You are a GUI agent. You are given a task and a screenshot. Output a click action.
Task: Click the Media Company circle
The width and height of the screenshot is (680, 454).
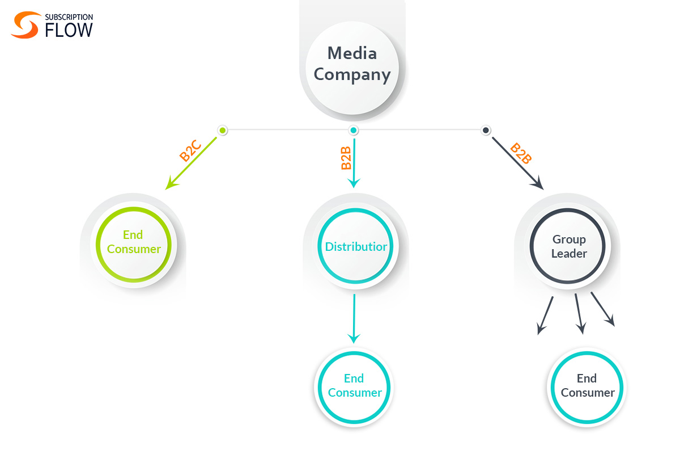[x=352, y=65]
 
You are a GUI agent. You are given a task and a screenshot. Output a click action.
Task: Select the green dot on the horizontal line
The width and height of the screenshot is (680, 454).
[x=223, y=131]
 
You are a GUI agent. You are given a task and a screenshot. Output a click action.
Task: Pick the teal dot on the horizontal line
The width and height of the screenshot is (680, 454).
[x=354, y=131]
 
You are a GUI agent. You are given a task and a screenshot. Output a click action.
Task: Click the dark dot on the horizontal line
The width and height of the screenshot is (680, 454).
[x=486, y=131]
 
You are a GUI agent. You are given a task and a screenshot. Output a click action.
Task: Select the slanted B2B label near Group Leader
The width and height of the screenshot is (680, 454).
[x=521, y=153]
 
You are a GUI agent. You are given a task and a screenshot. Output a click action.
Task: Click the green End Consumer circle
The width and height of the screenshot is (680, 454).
[x=134, y=245]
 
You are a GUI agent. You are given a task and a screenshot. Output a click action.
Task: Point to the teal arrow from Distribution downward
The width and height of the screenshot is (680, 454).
[x=354, y=318]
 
